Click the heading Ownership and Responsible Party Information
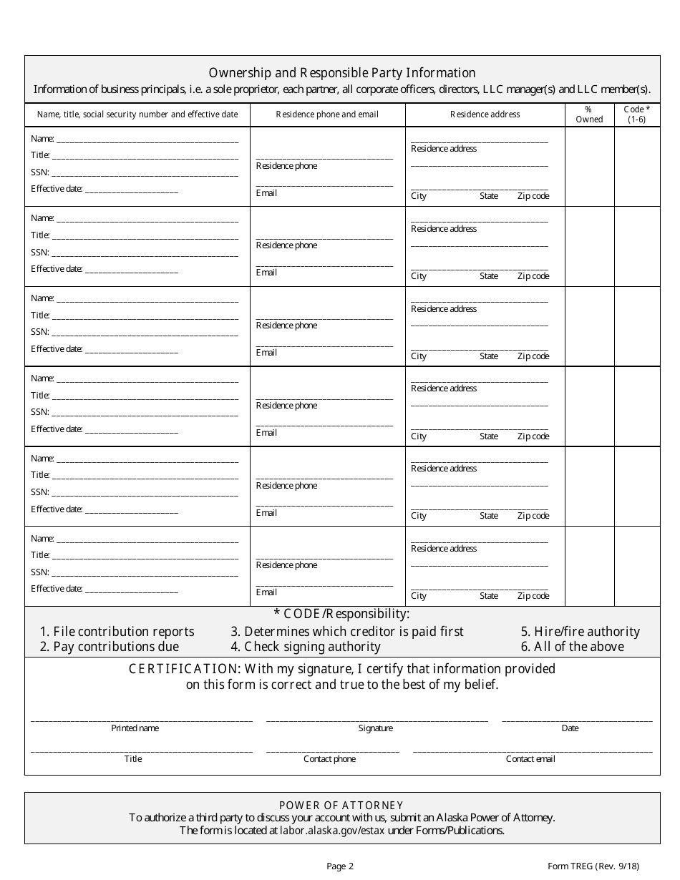(342, 73)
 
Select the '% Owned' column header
(589, 114)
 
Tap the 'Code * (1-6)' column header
(637, 114)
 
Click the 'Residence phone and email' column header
(327, 114)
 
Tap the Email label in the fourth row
(266, 433)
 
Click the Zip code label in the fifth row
(533, 516)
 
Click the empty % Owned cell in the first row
(589, 167)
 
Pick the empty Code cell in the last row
(637, 566)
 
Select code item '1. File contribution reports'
(117, 632)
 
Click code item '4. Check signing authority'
(306, 647)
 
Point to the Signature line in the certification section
(377, 720)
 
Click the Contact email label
(530, 759)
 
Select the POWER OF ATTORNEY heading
(341, 806)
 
